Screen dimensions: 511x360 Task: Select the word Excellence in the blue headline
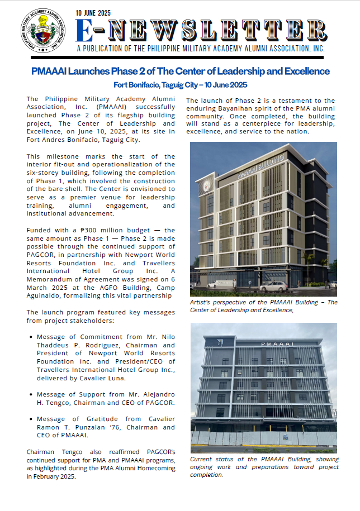point(305,71)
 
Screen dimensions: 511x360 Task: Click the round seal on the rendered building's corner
point(206,186)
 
